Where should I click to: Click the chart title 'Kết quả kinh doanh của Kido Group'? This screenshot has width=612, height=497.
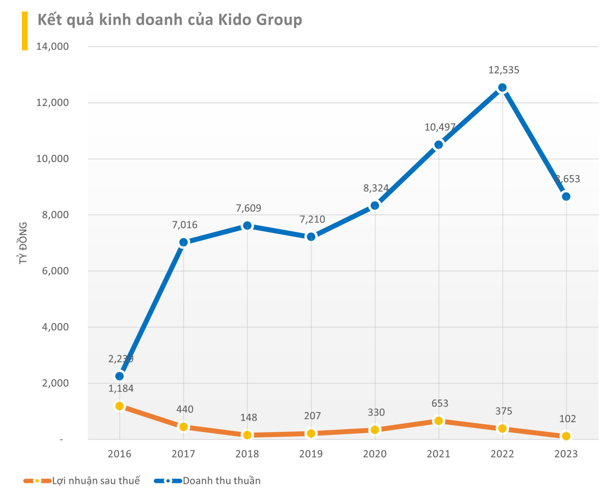pyautogui.click(x=170, y=20)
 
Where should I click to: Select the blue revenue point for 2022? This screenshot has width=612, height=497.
pyautogui.click(x=502, y=88)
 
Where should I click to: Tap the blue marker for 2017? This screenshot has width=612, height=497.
pyautogui.click(x=183, y=242)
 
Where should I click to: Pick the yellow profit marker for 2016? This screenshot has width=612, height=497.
pyautogui.click(x=120, y=406)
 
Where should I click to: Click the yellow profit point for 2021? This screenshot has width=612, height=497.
pyautogui.click(x=439, y=421)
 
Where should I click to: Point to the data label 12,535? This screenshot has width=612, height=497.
pyautogui.click(x=504, y=70)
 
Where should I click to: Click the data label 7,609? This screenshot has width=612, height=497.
pyautogui.click(x=248, y=208)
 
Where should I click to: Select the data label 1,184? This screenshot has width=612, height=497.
pyautogui.click(x=121, y=388)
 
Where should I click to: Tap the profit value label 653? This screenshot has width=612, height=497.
pyautogui.click(x=440, y=403)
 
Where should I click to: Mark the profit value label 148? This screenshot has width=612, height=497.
pyautogui.click(x=249, y=417)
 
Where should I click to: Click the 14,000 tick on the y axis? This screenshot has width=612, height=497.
pyautogui.click(x=53, y=46)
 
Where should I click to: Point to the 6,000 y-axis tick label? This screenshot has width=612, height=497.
pyautogui.click(x=55, y=271)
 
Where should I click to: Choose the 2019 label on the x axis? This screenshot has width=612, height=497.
pyautogui.click(x=311, y=454)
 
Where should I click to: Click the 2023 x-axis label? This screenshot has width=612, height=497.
pyautogui.click(x=566, y=454)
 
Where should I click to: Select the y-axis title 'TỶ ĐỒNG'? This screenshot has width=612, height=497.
pyautogui.click(x=23, y=243)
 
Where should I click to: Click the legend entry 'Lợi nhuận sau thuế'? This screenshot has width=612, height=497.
pyautogui.click(x=96, y=481)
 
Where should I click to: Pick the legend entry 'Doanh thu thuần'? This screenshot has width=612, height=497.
pyautogui.click(x=222, y=481)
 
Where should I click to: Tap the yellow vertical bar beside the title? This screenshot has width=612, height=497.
pyautogui.click(x=25, y=31)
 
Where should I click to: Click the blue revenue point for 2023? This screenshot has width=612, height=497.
pyautogui.click(x=566, y=196)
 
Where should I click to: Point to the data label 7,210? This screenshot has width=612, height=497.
pyautogui.click(x=312, y=220)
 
